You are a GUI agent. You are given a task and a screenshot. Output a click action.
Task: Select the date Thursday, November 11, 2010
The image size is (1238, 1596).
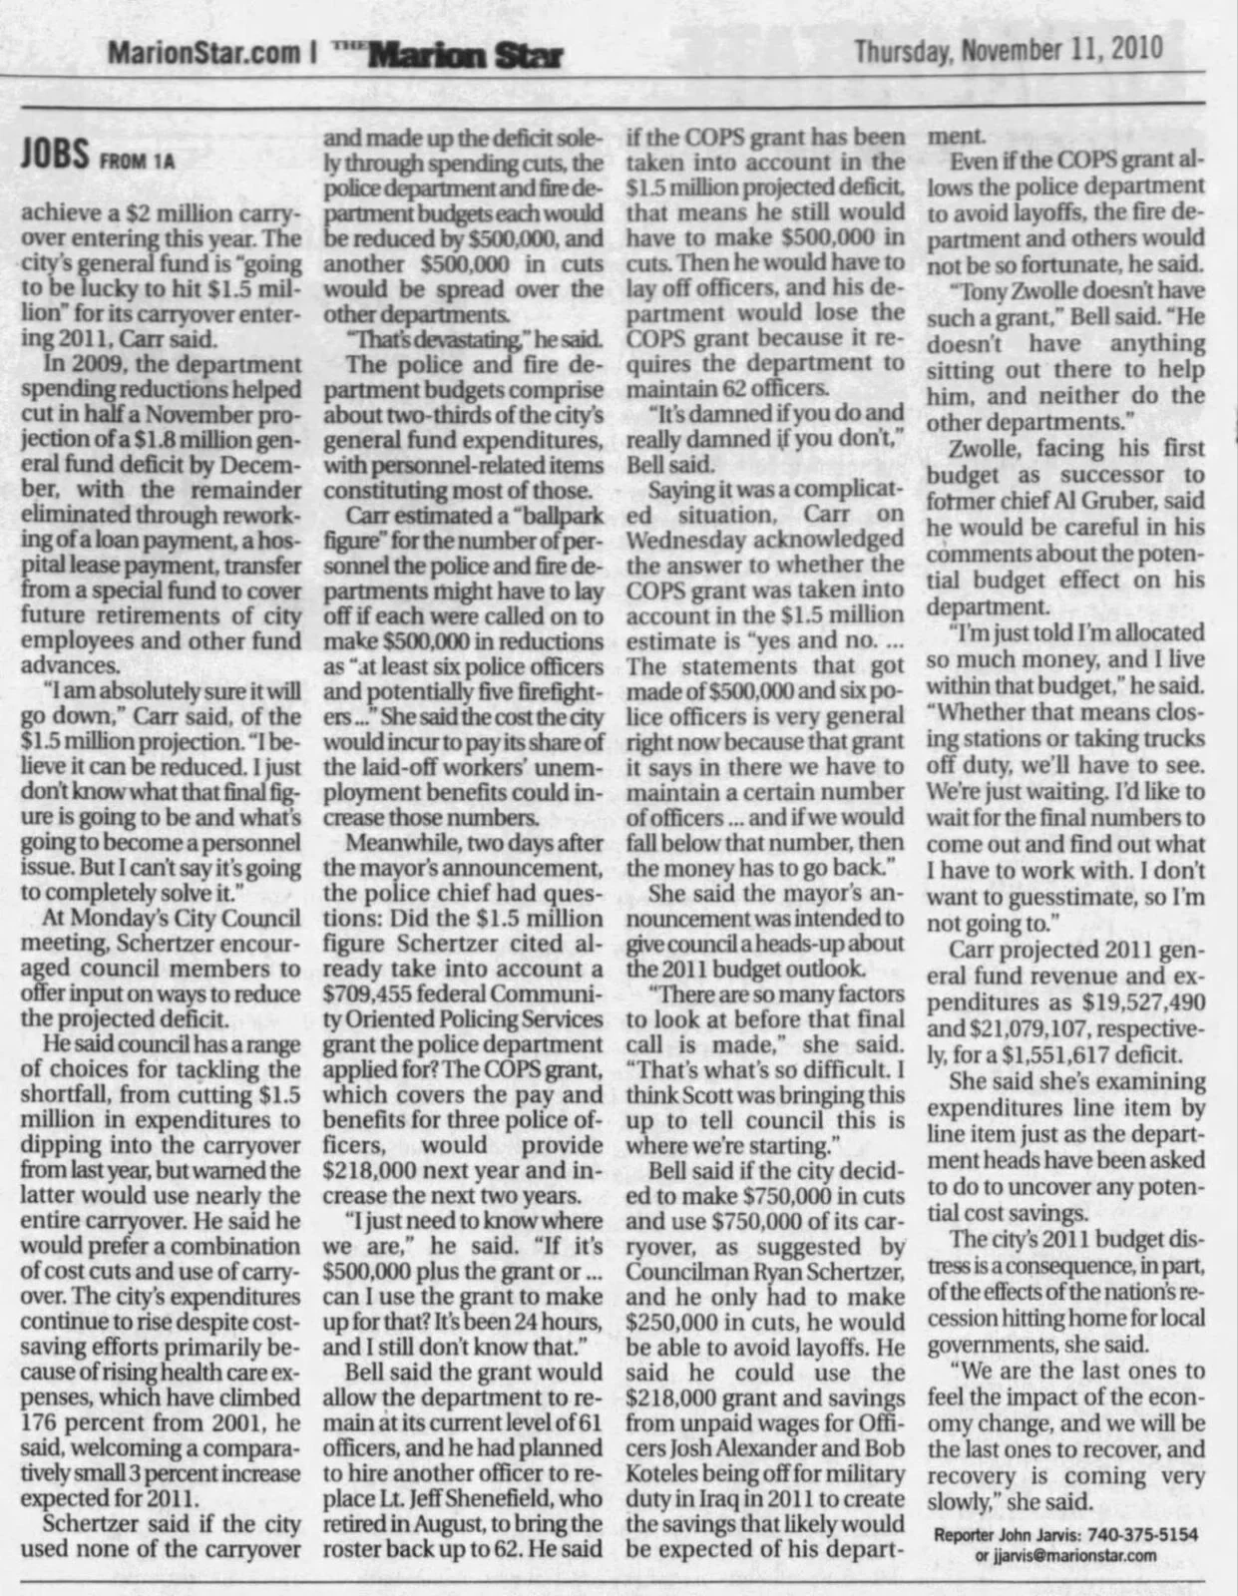(1009, 48)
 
